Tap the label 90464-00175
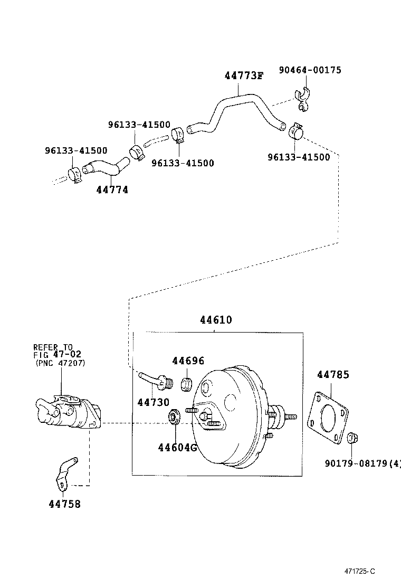click(310, 70)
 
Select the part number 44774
click(112, 190)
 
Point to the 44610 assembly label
click(216, 320)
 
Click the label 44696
click(188, 361)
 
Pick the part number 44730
click(154, 403)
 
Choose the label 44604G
click(177, 448)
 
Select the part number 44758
click(65, 504)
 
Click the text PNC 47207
click(60, 363)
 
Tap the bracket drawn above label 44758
click(65, 472)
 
